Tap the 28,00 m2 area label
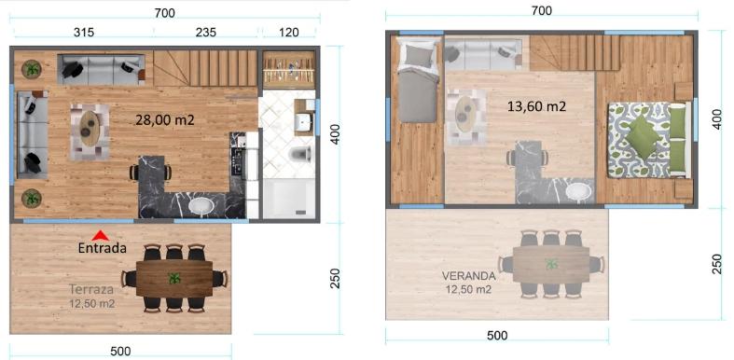[165, 120]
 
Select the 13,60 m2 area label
[537, 106]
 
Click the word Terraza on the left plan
[91, 289]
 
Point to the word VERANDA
[468, 276]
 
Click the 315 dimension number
[84, 33]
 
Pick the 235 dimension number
[206, 33]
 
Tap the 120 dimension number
[289, 33]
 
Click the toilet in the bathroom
[300, 153]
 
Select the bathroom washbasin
[304, 123]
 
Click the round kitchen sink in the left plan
[202, 206]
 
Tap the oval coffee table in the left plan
[90, 130]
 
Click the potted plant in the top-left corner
[32, 70]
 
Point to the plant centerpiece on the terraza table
[174, 278]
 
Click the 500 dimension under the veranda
[497, 335]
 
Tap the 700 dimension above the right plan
[542, 10]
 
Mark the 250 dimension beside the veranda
[716, 265]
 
